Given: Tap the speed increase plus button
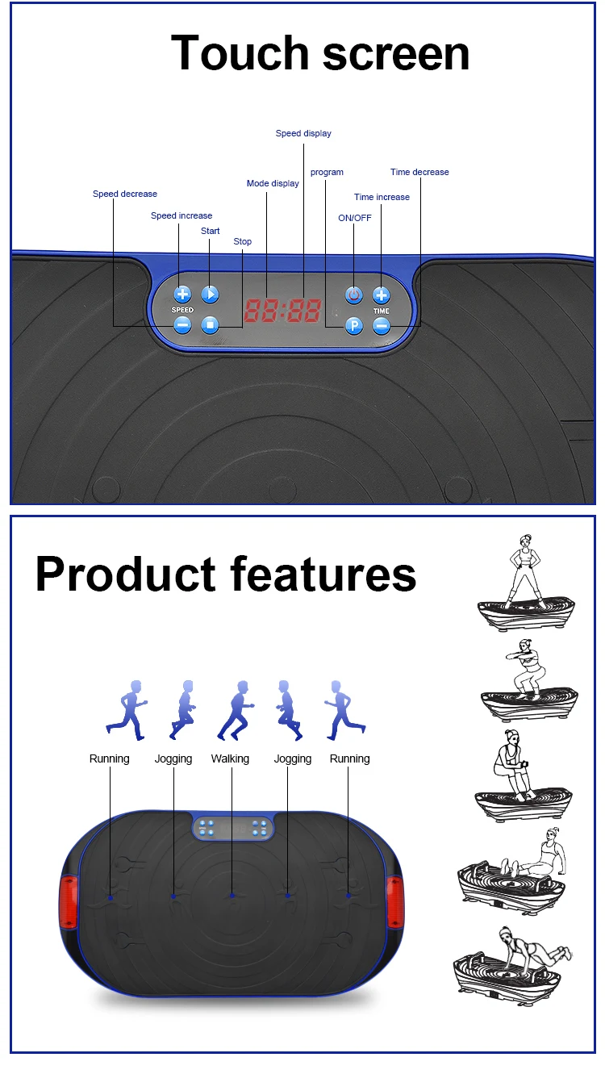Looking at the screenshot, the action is pyautogui.click(x=182, y=295).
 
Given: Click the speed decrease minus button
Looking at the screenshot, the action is pyautogui.click(x=182, y=325).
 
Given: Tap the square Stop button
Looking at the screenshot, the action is pyautogui.click(x=210, y=325).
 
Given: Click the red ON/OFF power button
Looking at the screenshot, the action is pyautogui.click(x=353, y=295).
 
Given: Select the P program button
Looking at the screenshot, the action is pyautogui.click(x=353, y=326).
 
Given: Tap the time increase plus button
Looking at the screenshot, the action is pyautogui.click(x=382, y=295).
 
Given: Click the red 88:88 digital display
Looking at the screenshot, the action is pyautogui.click(x=282, y=310).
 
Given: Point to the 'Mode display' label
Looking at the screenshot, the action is pyautogui.click(x=273, y=183).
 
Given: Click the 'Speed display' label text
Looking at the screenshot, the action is pyautogui.click(x=303, y=133).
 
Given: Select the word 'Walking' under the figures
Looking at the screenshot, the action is pyautogui.click(x=230, y=758).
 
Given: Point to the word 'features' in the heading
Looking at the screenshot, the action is pyautogui.click(x=323, y=575).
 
